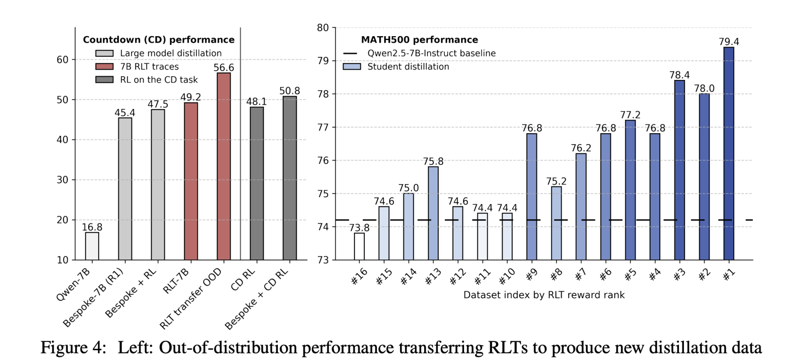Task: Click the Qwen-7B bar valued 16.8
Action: pos(92,246)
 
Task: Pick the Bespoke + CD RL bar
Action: pos(289,178)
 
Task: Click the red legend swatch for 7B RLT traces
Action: pos(104,66)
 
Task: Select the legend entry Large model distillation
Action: pos(170,53)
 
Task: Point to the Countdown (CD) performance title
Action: pos(158,40)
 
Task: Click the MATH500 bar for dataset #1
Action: pos(729,153)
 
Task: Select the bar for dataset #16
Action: pos(359,246)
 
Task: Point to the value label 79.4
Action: pos(729,42)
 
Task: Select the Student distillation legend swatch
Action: pos(351,66)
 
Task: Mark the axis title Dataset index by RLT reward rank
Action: pos(544,295)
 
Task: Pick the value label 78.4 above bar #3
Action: pos(679,75)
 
